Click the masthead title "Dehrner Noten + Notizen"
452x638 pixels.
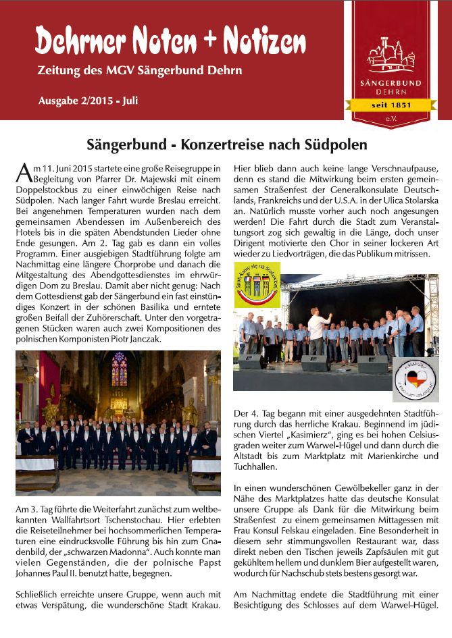coord(170,43)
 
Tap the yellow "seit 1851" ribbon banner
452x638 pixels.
coord(392,105)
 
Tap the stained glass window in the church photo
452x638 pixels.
coord(119,369)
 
